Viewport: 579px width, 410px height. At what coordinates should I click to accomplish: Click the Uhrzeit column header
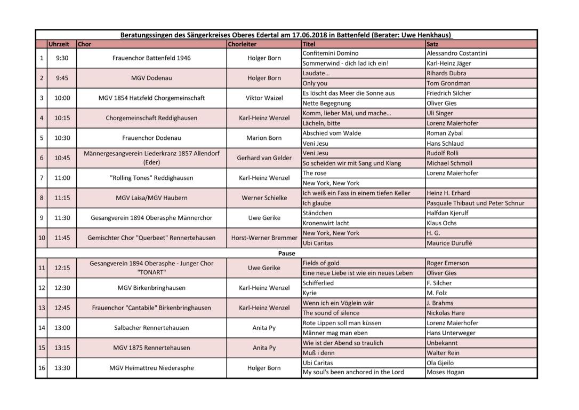tap(59, 44)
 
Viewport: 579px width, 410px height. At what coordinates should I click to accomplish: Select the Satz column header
tap(432, 44)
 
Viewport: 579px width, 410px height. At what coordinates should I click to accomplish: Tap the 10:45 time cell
tap(62, 158)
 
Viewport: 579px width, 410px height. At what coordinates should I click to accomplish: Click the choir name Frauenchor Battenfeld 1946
tap(151, 58)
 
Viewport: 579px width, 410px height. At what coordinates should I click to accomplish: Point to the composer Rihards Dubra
tap(446, 73)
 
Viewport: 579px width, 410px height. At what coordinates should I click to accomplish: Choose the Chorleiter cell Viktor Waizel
tap(264, 98)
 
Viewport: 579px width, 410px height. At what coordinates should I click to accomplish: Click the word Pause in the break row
tap(286, 253)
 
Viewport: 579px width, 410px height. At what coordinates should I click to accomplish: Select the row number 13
tap(42, 307)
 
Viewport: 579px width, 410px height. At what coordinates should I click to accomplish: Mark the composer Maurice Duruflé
tap(449, 243)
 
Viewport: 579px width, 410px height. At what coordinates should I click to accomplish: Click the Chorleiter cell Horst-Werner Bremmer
tap(264, 238)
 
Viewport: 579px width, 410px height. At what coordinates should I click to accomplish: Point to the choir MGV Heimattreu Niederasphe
tap(151, 368)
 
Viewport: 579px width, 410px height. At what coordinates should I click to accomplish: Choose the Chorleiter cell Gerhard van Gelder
tap(264, 158)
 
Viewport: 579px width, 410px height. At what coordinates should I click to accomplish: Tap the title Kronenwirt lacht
tap(326, 223)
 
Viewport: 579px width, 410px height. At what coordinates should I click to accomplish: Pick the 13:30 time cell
tap(62, 368)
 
